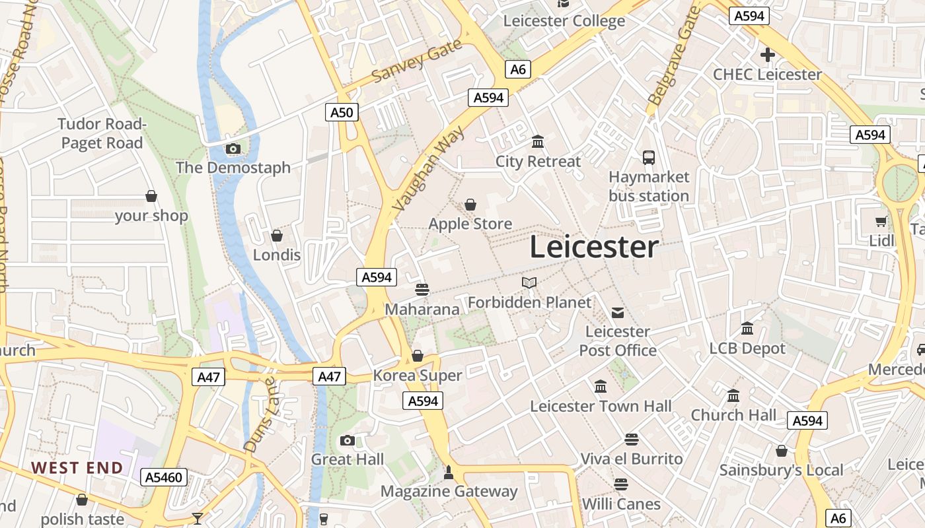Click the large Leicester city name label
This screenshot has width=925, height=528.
(x=594, y=247)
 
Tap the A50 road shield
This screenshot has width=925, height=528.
(x=342, y=112)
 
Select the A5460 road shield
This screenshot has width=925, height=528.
(x=164, y=477)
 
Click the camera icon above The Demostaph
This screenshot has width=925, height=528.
(x=233, y=149)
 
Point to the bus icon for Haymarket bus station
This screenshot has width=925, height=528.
(x=649, y=158)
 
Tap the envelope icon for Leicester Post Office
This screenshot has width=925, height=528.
(x=618, y=313)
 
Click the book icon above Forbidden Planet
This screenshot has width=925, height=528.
(x=529, y=283)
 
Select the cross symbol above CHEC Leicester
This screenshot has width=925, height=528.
(x=767, y=55)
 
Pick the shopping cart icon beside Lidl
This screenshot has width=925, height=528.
(x=881, y=222)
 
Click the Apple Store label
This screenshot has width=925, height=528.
(x=470, y=224)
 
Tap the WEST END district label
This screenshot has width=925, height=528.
(x=77, y=468)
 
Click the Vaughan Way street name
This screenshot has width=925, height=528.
(x=429, y=169)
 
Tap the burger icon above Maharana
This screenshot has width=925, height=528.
(x=422, y=289)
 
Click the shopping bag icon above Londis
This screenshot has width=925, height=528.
(x=277, y=236)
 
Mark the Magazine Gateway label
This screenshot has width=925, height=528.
(x=449, y=491)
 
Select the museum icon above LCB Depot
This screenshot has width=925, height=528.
(x=747, y=328)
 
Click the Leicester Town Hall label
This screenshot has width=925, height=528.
(x=601, y=407)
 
